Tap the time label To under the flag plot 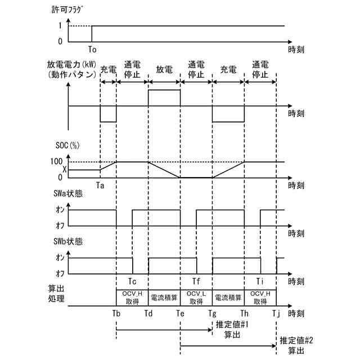[92, 49]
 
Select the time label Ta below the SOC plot [100, 184]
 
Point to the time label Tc [132, 282]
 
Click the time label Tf [196, 282]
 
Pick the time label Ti [260, 282]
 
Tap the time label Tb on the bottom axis [116, 313]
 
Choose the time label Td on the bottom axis [148, 313]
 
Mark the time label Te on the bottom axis [181, 313]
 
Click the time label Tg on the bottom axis [212, 313]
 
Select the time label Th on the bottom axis [245, 313]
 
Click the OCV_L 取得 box [196, 297]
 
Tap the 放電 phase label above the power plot [164, 70]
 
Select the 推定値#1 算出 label [229, 329]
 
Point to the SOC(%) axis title [83, 145]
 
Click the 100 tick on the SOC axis [58, 162]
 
